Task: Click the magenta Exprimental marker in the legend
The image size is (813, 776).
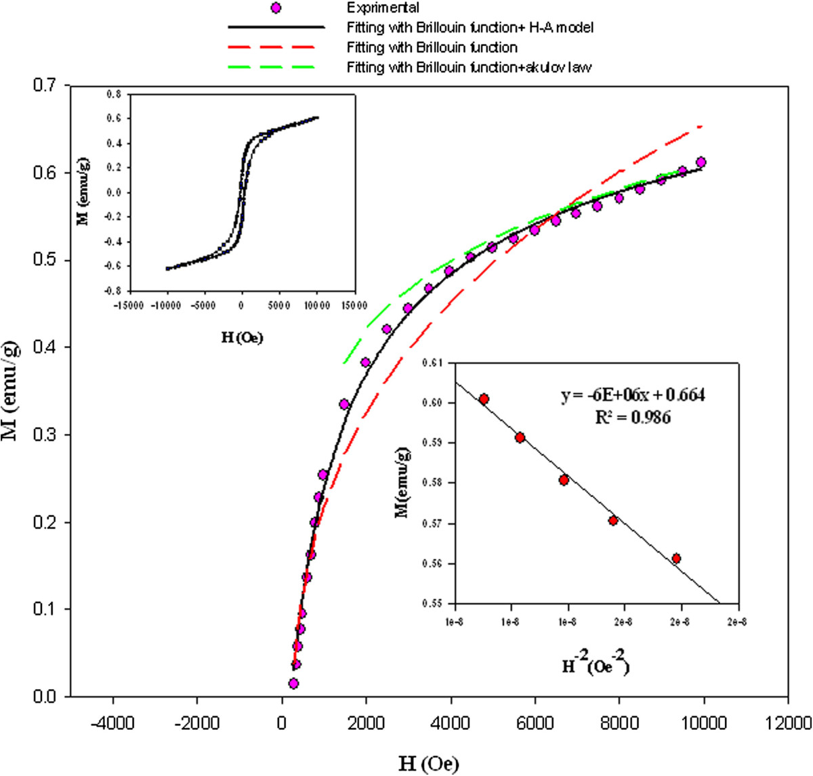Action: point(275,8)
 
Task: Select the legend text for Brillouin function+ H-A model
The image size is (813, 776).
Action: point(470,28)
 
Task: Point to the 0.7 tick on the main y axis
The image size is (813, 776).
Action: point(51,85)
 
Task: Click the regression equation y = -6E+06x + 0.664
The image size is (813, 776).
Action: point(632,395)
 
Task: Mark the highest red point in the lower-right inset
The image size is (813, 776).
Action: point(484,400)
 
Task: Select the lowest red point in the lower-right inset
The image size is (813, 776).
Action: point(676,558)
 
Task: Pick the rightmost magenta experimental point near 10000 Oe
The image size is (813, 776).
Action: point(701,163)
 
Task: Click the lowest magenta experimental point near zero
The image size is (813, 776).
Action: point(293,683)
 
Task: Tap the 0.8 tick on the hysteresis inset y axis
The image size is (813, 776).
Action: point(113,94)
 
